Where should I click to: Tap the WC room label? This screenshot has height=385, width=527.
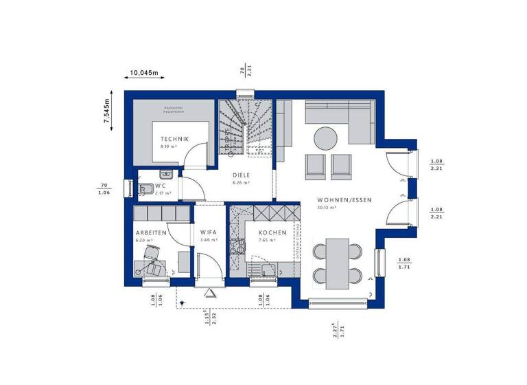pyautogui.click(x=161, y=186)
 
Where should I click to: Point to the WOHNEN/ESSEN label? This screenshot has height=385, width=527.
pyautogui.click(x=344, y=199)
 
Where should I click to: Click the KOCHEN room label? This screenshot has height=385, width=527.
pyautogui.click(x=272, y=233)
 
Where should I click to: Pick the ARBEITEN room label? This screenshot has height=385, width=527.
pyautogui.click(x=151, y=233)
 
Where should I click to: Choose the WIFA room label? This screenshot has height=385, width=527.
pyautogui.click(x=209, y=233)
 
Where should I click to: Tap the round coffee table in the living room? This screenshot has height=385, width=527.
pyautogui.click(x=327, y=138)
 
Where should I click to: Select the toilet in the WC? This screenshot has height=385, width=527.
pyautogui.click(x=146, y=188)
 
